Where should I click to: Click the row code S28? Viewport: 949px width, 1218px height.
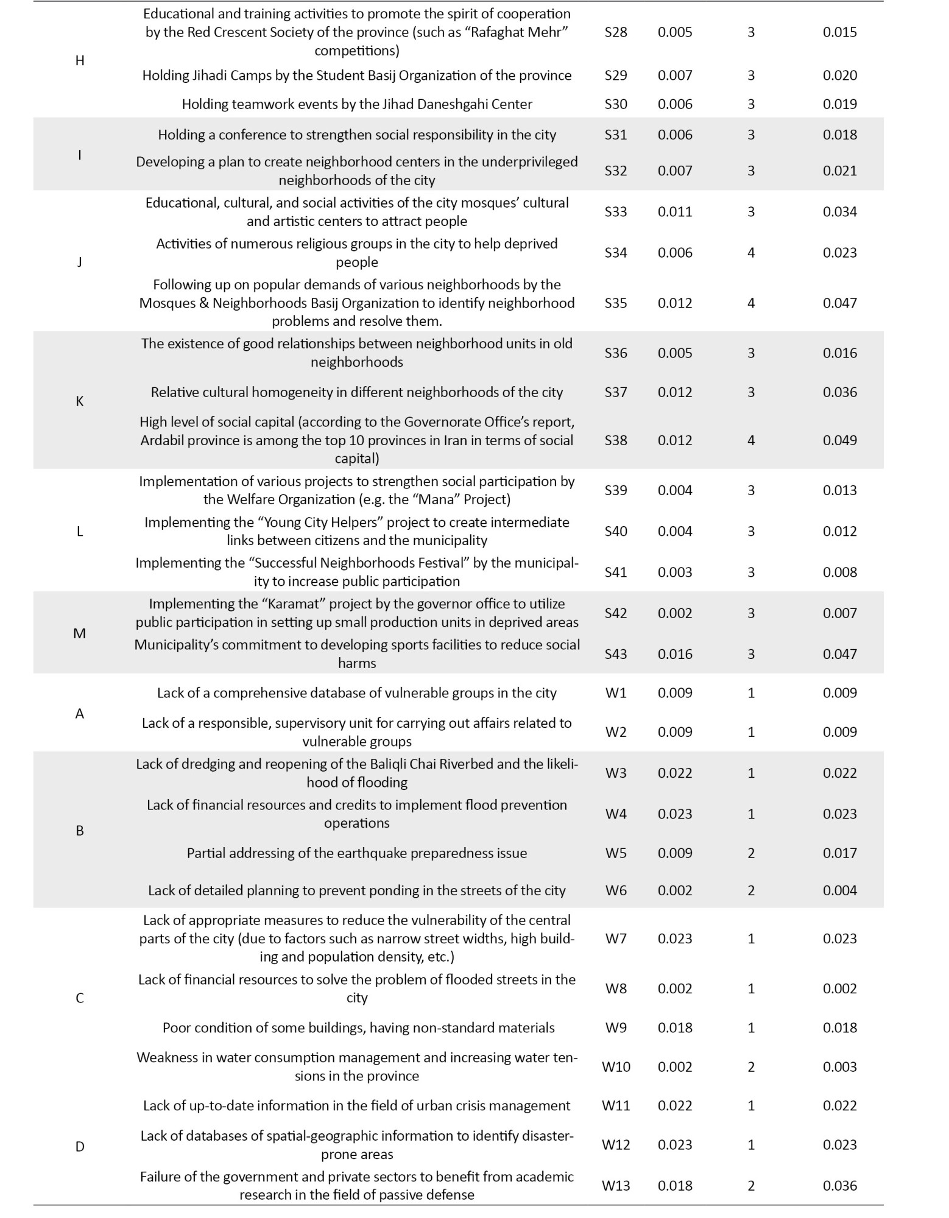pyautogui.click(x=615, y=32)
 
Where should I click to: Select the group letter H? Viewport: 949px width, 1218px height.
pyautogui.click(x=79, y=60)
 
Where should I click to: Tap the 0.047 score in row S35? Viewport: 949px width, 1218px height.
pyautogui.click(x=839, y=303)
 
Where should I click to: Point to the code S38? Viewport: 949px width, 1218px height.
pyautogui.click(x=615, y=440)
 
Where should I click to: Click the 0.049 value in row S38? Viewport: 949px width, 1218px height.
pyautogui.click(x=839, y=440)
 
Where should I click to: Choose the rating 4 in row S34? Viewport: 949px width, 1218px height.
pyautogui.click(x=750, y=253)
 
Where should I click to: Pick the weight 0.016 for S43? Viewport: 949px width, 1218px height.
pyautogui.click(x=675, y=654)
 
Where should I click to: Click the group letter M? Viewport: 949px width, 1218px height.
pyautogui.click(x=79, y=633)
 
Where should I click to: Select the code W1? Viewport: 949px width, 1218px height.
pyautogui.click(x=615, y=693)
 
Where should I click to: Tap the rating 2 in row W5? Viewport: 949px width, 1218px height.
pyautogui.click(x=750, y=853)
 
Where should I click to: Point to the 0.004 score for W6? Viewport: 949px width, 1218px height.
pyautogui.click(x=839, y=890)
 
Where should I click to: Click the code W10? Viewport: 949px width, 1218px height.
pyautogui.click(x=615, y=1067)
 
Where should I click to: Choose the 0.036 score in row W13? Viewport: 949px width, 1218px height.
pyautogui.click(x=839, y=1186)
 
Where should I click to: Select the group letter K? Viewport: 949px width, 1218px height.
pyautogui.click(x=79, y=401)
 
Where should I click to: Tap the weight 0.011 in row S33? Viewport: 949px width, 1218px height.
pyautogui.click(x=675, y=212)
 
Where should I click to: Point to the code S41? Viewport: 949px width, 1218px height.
pyautogui.click(x=615, y=572)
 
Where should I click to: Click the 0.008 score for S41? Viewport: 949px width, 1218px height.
pyautogui.click(x=839, y=572)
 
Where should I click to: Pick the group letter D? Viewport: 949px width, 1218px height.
pyautogui.click(x=79, y=1147)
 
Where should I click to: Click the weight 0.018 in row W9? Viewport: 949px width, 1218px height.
pyautogui.click(x=675, y=1028)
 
